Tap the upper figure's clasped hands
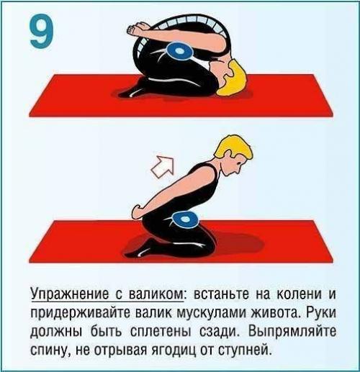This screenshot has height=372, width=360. pyautogui.click(x=137, y=30)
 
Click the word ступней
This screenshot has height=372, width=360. pyautogui.click(x=246, y=352)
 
